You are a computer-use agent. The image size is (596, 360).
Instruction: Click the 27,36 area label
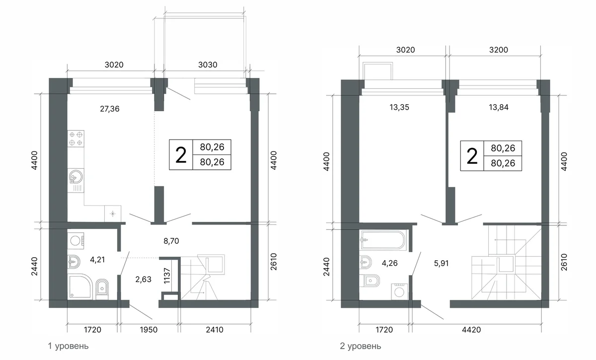pos(110,109)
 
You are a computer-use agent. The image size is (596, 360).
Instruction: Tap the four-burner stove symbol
pos(76,139)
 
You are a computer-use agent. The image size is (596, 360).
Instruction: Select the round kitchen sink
pos(76,177)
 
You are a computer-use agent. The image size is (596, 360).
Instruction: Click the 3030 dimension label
pos(208,65)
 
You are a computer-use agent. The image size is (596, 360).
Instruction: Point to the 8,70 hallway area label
pos(171,241)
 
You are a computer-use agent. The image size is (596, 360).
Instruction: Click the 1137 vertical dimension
pos(167,276)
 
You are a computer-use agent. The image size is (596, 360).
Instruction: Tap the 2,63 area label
pos(143,280)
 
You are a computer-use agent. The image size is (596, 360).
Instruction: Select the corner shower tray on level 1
pos(80,287)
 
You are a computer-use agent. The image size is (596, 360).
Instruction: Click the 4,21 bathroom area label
pos(97,260)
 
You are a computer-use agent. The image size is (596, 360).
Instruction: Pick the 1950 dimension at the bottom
pos(149,330)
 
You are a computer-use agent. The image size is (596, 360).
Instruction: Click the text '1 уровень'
pos(68,346)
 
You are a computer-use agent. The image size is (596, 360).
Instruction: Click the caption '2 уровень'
pos(361,346)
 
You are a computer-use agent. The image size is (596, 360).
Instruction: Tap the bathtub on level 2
pos(383,240)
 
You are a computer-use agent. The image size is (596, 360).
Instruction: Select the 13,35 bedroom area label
pos(399,107)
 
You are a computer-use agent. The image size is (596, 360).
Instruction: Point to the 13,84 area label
pos(499,107)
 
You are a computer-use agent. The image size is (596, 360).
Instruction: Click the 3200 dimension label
pos(499,50)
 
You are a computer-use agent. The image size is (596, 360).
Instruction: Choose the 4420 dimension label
pos(471,330)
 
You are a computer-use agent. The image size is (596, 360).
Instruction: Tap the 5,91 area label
pos(441,263)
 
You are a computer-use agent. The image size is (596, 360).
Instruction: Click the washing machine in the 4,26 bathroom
pos(399,292)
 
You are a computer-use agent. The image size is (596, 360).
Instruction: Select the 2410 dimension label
pos(215,330)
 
